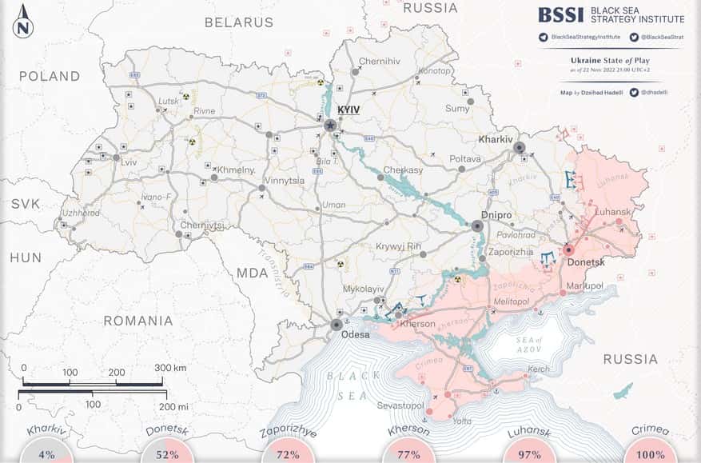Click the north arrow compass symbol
point(23,22)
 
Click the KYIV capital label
point(349,110)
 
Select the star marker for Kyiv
point(329,125)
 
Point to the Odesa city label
point(356,334)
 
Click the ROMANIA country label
point(137,321)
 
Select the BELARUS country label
point(238,22)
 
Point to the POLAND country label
point(50,77)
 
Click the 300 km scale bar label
point(170,368)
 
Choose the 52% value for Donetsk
point(167,455)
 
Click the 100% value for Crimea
point(651,455)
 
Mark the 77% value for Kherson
point(409,455)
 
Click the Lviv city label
point(129,162)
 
